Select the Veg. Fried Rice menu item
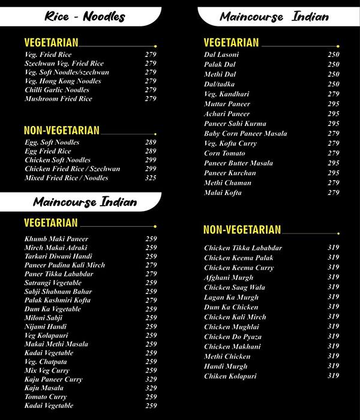pyautogui.click(x=48, y=55)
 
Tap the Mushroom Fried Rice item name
pyautogui.click(x=58, y=98)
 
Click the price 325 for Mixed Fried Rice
pyautogui.click(x=150, y=178)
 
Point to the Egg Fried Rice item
pyautogui.click(x=47, y=151)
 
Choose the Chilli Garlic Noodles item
pyautogui.click(x=57, y=90)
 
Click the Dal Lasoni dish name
pyautogui.click(x=221, y=55)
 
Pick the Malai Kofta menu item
pyautogui.click(x=223, y=193)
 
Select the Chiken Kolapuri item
pyautogui.click(x=230, y=376)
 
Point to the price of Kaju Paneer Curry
pyautogui.click(x=151, y=379)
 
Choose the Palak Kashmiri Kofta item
pyautogui.click(x=58, y=300)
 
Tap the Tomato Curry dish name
pyautogui.click(x=46, y=397)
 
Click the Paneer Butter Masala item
pyautogui.click(x=238, y=163)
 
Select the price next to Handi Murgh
pyautogui.click(x=333, y=366)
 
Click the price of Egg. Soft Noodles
pyautogui.click(x=150, y=142)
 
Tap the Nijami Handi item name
pyautogui.click(x=46, y=326)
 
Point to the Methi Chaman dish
pyautogui.click(x=227, y=183)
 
